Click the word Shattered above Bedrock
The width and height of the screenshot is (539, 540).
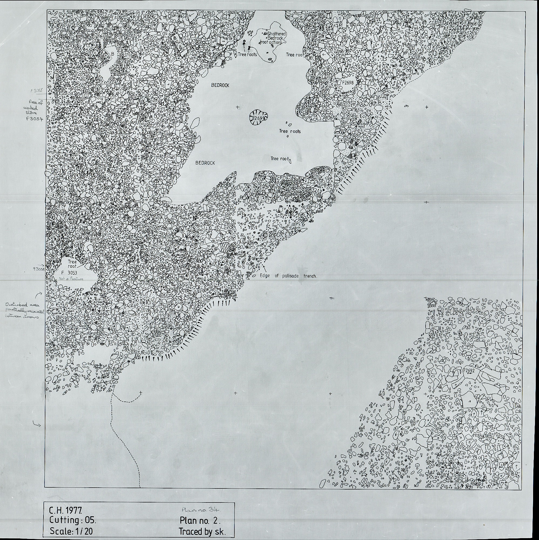pos(277,33)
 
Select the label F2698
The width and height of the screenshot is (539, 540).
pos(348,83)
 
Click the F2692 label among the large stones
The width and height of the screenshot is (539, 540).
pos(469,371)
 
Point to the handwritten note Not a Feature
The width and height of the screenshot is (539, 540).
pos(71,279)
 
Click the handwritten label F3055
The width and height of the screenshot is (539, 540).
pos(37,90)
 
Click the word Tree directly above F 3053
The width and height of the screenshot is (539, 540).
pos(72,262)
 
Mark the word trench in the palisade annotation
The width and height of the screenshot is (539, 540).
pos(310,276)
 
